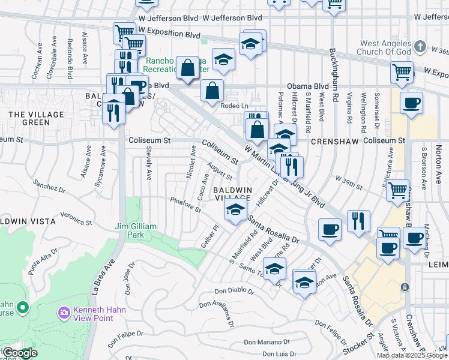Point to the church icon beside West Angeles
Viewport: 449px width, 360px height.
point(420,46)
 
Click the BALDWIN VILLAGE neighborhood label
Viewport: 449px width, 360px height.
point(232,194)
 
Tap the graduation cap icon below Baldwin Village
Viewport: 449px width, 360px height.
point(235,209)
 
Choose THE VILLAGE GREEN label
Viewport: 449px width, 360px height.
point(28,118)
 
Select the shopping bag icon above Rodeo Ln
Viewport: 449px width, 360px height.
point(212,91)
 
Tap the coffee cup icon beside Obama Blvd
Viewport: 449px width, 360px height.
point(411,103)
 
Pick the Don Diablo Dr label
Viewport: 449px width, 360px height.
point(234,293)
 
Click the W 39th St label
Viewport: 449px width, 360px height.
point(349,182)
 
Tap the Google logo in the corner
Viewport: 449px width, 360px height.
point(19,353)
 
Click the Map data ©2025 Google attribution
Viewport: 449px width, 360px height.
point(412,355)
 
